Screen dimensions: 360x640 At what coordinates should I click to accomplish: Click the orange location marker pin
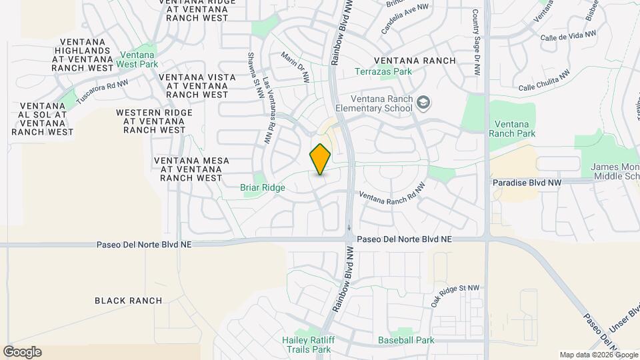click(x=320, y=159)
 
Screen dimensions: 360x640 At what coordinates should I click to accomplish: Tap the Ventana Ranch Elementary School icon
click(x=423, y=103)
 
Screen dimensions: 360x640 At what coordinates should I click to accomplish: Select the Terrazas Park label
click(x=383, y=71)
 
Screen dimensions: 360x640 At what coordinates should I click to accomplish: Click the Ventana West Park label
click(x=137, y=60)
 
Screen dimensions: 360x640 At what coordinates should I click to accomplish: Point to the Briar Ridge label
click(x=263, y=188)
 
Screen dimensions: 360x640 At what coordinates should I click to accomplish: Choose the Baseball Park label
click(x=406, y=340)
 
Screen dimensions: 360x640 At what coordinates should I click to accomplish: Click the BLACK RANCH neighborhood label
click(x=128, y=301)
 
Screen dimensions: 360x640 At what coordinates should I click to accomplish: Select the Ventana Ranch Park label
click(x=512, y=129)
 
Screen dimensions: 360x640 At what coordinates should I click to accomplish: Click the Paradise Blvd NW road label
click(x=527, y=182)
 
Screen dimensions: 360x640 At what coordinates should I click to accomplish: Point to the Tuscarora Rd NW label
click(x=101, y=91)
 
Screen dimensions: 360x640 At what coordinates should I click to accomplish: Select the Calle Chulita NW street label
click(x=545, y=82)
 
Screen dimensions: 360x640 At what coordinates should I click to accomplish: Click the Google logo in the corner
click(x=22, y=351)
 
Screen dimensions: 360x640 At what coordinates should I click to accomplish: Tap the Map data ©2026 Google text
click(x=597, y=355)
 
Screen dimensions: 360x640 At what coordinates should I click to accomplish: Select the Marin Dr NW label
click(x=295, y=67)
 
